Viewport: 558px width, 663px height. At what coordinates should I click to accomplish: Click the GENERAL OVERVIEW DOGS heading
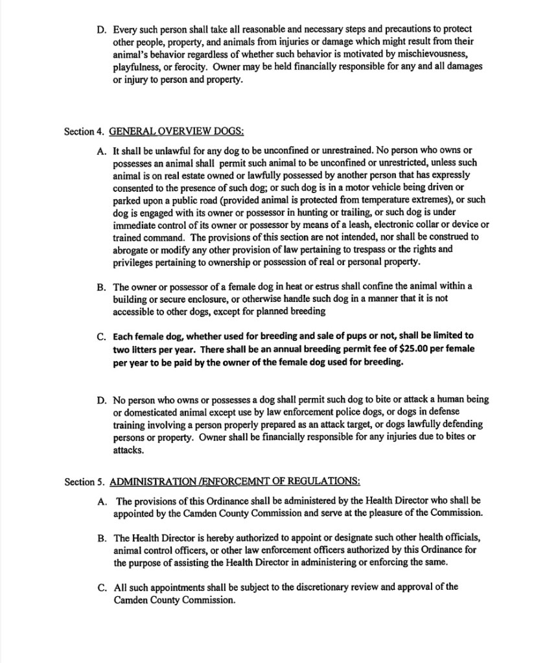(x=176, y=132)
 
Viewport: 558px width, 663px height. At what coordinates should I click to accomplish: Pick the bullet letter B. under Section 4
(x=102, y=286)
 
